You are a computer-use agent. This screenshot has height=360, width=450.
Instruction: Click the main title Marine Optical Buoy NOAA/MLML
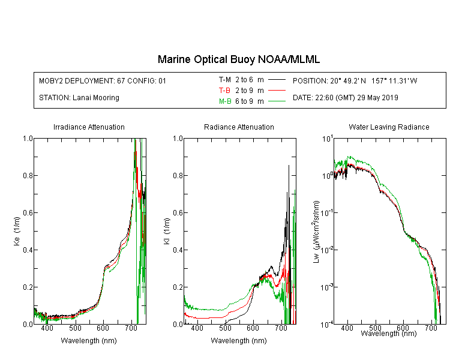[x=238, y=60]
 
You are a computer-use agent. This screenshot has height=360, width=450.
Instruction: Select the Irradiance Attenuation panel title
[x=89, y=127]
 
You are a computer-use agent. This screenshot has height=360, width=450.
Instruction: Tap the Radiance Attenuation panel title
[x=239, y=127]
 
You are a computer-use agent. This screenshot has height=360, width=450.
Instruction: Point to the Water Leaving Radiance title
[x=389, y=127]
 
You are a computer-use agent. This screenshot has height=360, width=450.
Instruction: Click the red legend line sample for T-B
[x=277, y=91]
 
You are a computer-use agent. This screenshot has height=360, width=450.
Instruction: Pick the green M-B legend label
[x=225, y=101]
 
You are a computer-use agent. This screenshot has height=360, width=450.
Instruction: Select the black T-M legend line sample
[x=277, y=80]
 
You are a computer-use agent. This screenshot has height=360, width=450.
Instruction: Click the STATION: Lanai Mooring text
[x=79, y=98]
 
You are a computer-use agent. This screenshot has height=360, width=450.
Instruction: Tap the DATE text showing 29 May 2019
[x=345, y=98]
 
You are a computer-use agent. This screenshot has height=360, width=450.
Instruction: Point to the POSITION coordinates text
[x=355, y=80]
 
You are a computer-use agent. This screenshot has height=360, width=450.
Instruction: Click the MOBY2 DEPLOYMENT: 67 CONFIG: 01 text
[x=103, y=80]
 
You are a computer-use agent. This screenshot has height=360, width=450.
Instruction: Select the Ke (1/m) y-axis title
[x=17, y=232]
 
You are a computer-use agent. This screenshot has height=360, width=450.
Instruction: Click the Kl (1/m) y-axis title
[x=167, y=232]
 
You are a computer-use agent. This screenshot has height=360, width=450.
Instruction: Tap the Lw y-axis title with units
[x=316, y=232]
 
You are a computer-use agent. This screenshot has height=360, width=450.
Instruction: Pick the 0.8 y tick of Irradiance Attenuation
[x=28, y=175]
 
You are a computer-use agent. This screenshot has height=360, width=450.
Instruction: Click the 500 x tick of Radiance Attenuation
[x=225, y=328]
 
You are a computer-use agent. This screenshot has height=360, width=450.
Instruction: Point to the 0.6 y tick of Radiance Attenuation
[x=178, y=213]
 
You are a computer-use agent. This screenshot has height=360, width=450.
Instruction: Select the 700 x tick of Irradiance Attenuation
[x=131, y=328]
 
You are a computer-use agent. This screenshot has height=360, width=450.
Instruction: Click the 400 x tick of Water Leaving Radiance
[x=347, y=328]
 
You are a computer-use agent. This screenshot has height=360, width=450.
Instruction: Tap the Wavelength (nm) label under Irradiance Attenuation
[x=89, y=341]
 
